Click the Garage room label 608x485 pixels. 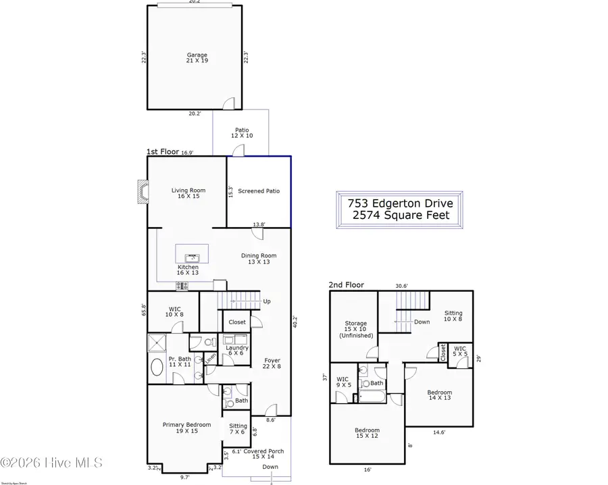[x=197, y=59]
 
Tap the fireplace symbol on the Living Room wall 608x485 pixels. [x=142, y=191]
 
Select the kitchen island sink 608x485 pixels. [x=193, y=256]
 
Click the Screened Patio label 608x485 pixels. [x=259, y=191]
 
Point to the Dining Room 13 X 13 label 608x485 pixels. [x=259, y=259]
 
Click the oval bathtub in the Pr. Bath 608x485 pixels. [x=157, y=368]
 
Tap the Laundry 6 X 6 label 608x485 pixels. [x=237, y=351]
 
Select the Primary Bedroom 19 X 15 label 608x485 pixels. [x=186, y=428]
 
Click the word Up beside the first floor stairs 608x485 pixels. [x=267, y=301]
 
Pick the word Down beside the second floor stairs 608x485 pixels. [x=422, y=322]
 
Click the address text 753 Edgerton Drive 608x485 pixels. [x=401, y=203]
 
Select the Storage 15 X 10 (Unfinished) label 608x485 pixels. [x=356, y=330]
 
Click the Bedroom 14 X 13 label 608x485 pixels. [x=439, y=396]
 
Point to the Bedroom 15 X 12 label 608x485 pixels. [x=368, y=434]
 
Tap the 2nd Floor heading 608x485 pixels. [x=346, y=285]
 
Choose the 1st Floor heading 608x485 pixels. [x=163, y=153]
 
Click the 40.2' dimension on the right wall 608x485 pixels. [x=295, y=324]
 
